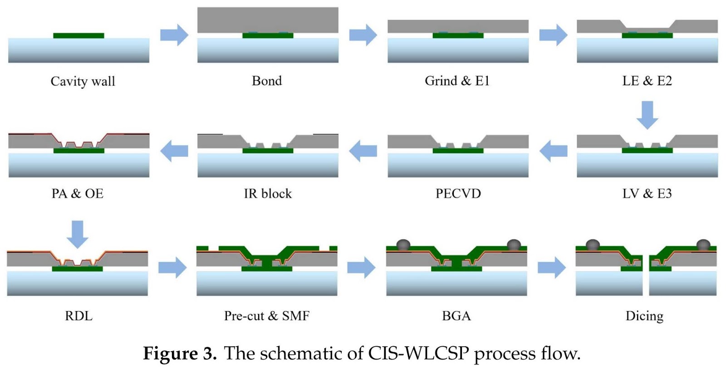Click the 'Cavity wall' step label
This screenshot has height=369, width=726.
[83, 81]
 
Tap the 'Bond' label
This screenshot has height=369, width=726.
[267, 81]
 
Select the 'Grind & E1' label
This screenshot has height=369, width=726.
[457, 81]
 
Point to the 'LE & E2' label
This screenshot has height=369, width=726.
[647, 81]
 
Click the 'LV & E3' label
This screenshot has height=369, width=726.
[647, 194]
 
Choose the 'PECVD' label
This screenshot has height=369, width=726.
[458, 194]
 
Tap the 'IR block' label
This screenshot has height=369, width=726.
[268, 194]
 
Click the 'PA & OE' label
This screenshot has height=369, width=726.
[78, 194]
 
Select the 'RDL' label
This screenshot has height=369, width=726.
[78, 316]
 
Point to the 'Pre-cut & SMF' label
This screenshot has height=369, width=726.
[267, 316]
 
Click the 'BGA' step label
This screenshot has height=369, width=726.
[456, 316]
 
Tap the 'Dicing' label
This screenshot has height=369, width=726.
[644, 316]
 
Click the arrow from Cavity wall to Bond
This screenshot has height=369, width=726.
[174, 35]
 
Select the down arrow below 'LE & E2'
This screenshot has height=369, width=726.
[647, 115]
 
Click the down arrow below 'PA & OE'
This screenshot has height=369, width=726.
[78, 234]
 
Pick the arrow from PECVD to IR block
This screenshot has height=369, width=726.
[363, 151]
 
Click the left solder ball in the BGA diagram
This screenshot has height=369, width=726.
[403, 244]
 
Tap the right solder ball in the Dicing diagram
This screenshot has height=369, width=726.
[703, 244]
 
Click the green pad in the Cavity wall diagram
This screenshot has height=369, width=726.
[78, 35]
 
